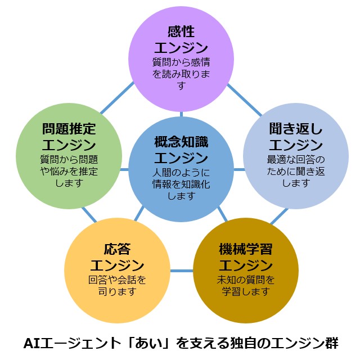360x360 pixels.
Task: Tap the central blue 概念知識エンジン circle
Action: [181, 169]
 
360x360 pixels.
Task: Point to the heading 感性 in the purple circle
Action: [181, 31]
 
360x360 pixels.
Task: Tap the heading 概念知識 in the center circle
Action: [181, 142]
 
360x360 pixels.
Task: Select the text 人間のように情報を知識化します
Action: [181, 184]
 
